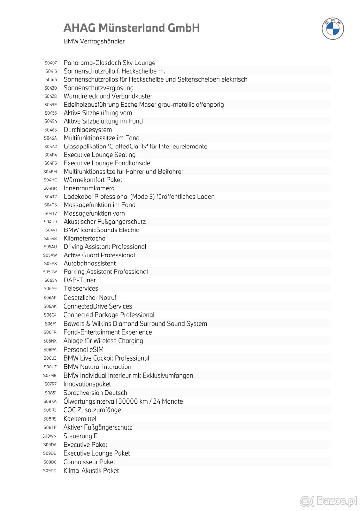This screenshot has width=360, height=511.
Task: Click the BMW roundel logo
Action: coord(333,28)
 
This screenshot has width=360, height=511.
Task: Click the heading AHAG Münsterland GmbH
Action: coord(131,28)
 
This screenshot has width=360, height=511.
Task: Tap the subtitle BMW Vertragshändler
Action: coord(94,41)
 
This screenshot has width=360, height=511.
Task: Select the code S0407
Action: coord(50,63)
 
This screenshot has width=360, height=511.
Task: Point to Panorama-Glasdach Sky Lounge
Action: coord(109,63)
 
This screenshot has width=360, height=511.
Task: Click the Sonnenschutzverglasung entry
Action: coord(98,88)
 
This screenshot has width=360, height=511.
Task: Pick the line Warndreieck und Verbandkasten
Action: coord(109,96)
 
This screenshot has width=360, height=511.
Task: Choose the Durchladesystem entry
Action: coord(88,130)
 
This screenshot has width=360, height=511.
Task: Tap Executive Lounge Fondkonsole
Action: coord(107,163)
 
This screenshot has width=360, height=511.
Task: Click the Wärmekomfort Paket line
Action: coord(93,180)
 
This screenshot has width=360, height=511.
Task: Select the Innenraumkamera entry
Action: coord(89,188)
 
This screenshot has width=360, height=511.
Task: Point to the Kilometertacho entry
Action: coord(84,238)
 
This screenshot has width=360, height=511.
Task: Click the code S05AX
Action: coord(50,263)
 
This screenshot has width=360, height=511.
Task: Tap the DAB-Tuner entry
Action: coord(80,280)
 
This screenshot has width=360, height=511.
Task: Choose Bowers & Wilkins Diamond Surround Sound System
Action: coord(135,324)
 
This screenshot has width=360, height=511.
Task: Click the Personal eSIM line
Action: coord(83,349)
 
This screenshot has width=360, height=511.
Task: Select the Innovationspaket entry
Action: coord(87,384)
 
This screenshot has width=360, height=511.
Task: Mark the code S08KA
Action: coord(50,401)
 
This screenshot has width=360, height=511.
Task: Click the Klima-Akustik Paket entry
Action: coord(91,470)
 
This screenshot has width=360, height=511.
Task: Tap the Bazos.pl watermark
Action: coord(329,501)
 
